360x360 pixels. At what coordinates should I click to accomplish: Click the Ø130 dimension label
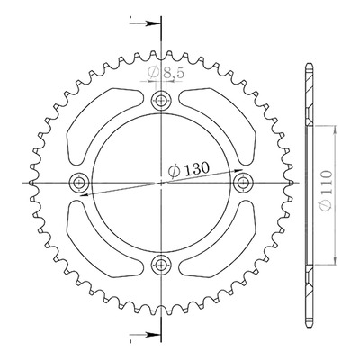[188, 170]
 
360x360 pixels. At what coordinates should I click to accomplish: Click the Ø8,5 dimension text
[166, 73]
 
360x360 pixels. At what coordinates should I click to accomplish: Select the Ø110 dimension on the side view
[326, 191]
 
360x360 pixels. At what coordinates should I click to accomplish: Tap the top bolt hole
[161, 100]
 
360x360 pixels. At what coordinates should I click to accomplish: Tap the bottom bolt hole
[161, 265]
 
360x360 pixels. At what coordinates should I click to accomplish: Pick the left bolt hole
[79, 183]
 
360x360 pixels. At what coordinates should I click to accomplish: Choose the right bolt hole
[244, 183]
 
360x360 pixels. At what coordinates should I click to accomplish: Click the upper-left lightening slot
[102, 126]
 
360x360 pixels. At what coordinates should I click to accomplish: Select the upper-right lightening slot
[220, 126]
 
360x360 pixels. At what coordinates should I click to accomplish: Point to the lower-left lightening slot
[102, 238]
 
